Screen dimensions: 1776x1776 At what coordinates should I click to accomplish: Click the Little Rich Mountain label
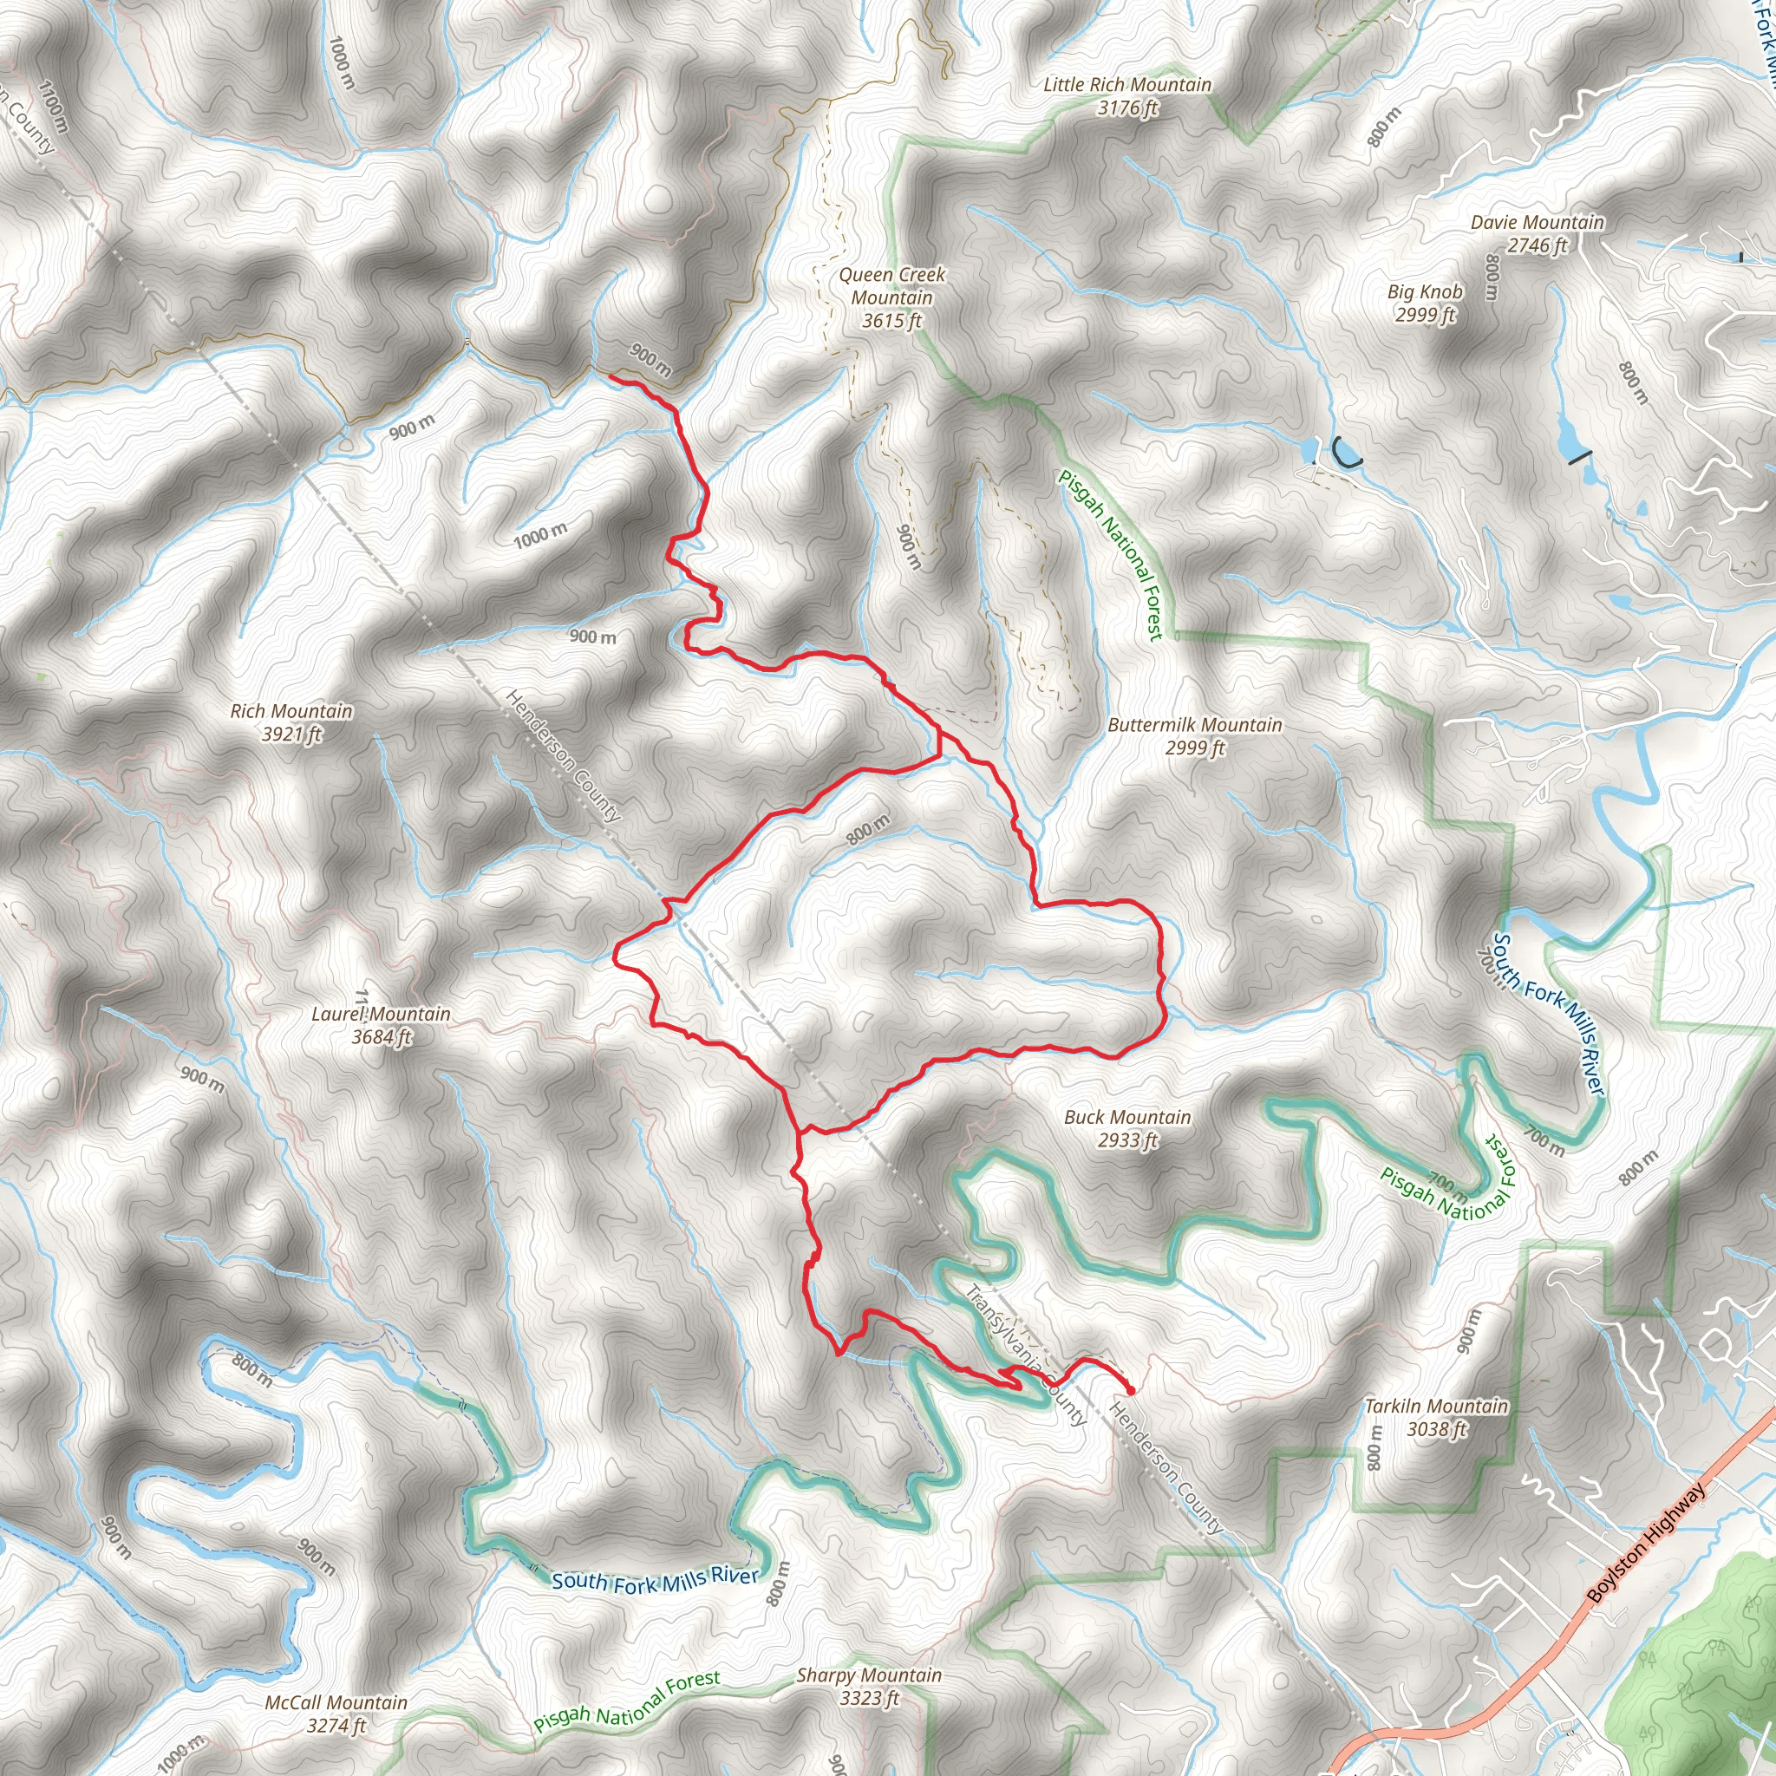1127,85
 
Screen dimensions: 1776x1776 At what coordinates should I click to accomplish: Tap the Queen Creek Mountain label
891,286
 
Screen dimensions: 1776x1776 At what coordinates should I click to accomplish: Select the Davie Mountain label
1537,223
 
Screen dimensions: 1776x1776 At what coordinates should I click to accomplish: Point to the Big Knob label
1425,291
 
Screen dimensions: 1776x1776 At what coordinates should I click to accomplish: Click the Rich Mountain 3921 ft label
291,722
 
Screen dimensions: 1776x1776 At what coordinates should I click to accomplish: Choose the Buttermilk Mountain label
1194,724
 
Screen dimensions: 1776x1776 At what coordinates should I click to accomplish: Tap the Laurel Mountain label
381,1014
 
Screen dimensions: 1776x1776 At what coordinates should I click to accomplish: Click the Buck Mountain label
1127,1117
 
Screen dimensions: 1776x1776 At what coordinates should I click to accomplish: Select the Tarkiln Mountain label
1436,1407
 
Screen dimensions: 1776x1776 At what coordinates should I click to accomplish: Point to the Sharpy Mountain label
869,1675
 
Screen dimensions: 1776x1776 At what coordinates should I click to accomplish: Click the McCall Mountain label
336,1702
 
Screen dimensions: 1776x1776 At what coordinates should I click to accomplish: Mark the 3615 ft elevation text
891,321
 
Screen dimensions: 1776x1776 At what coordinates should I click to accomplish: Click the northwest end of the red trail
611,377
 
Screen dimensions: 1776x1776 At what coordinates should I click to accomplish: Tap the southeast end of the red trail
1131,1391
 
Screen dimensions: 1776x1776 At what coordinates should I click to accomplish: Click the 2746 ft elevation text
1536,245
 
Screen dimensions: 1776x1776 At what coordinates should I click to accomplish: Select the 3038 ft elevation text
1436,1429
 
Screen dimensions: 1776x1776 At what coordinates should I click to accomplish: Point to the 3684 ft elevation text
382,1037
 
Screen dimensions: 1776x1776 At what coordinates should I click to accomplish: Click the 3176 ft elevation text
1127,108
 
